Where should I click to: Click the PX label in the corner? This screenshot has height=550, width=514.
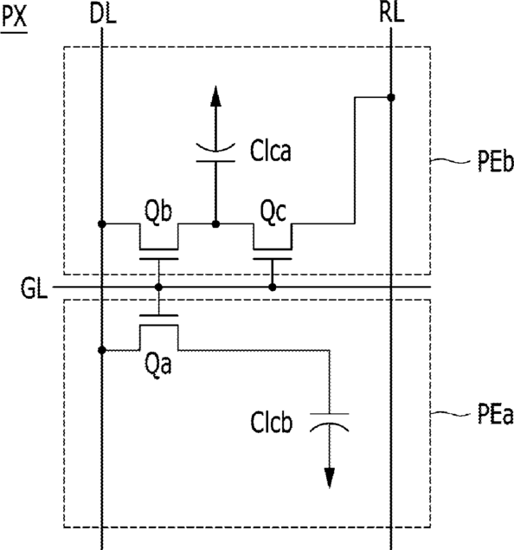(15, 16)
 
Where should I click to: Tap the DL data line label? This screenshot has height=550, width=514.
(103, 14)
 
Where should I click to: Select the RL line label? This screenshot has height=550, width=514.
(392, 13)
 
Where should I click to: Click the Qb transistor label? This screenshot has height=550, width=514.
(158, 212)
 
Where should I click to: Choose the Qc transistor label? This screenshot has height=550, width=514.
(273, 212)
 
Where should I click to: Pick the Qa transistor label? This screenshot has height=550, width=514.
(158, 365)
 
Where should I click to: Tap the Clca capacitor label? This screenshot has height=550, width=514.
(270, 152)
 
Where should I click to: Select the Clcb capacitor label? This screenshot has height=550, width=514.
(271, 423)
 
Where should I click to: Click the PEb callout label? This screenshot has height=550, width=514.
(495, 162)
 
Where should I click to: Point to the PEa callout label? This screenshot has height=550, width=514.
(495, 415)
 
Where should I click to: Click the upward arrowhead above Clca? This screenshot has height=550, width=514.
(215, 96)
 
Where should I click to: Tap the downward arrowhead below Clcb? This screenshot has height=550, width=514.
(330, 478)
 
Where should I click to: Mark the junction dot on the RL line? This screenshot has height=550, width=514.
(391, 98)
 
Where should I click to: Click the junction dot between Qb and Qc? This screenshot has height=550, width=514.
(215, 223)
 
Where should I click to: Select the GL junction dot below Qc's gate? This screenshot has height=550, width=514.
(273, 288)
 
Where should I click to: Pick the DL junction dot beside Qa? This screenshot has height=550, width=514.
(102, 350)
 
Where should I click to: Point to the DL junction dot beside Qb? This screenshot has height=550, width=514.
(102, 223)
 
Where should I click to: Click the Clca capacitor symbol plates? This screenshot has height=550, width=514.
(215, 153)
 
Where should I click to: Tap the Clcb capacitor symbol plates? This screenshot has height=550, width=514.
(330, 422)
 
